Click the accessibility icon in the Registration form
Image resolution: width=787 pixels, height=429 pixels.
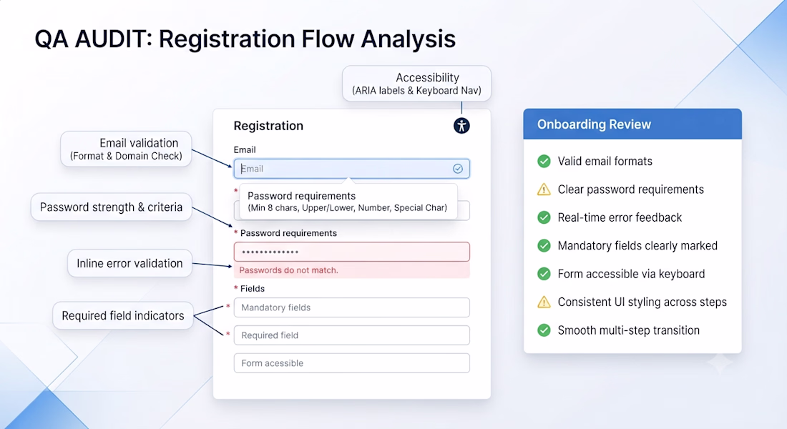(461, 125)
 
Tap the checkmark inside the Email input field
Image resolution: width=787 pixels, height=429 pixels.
(458, 169)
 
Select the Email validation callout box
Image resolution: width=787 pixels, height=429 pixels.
(126, 149)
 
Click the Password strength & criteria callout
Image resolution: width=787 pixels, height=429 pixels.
(112, 207)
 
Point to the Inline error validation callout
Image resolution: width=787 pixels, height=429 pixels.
(130, 263)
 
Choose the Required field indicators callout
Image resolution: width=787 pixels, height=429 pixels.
(123, 315)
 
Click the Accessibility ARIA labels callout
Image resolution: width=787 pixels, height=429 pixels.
(416, 84)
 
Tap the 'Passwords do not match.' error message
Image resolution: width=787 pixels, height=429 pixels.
(288, 270)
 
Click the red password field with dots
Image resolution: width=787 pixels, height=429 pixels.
(352, 252)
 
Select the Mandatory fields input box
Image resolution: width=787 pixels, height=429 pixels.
(352, 307)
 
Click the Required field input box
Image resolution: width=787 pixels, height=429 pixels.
(352, 335)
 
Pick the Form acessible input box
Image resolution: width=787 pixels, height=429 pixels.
(352, 363)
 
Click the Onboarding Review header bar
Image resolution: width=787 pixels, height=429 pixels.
(632, 124)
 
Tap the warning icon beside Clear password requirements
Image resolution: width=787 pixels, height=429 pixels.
(544, 189)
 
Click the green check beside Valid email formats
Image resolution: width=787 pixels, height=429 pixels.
(544, 161)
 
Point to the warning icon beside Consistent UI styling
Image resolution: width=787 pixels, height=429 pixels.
(544, 302)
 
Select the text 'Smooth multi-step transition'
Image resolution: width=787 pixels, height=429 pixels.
(628, 330)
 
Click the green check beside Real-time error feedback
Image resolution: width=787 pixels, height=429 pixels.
(544, 217)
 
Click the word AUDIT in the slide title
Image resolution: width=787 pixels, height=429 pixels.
(114, 39)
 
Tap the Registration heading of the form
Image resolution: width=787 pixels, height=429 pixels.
(268, 126)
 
